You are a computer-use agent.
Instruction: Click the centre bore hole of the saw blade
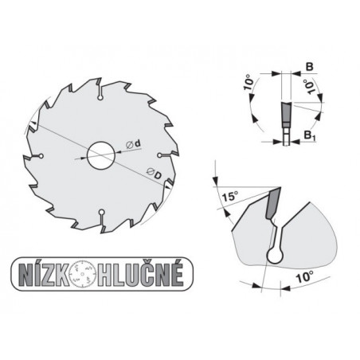[x=101, y=153]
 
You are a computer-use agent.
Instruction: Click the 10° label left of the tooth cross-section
[x=248, y=82]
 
